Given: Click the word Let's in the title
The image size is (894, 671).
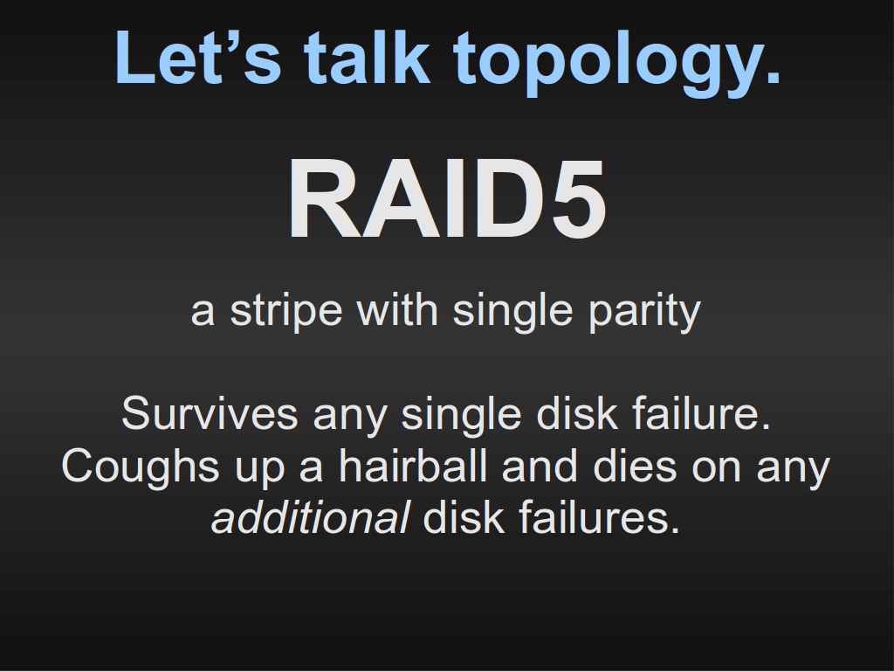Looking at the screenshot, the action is pyautogui.click(x=198, y=58).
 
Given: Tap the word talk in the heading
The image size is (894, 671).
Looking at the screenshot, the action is pyautogui.click(x=367, y=57).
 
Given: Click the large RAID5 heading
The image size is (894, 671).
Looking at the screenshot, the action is pyautogui.click(x=447, y=198).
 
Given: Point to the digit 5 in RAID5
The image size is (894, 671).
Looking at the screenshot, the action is pyautogui.click(x=577, y=198).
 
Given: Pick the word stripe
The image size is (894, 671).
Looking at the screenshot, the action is pyautogui.click(x=285, y=312).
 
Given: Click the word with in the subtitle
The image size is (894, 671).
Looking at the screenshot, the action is pyautogui.click(x=397, y=310).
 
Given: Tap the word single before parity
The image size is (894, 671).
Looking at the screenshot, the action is pyautogui.click(x=512, y=312).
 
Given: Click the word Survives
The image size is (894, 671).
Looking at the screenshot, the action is pyautogui.click(x=210, y=413).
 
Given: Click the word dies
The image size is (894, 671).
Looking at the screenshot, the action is pyautogui.click(x=635, y=467).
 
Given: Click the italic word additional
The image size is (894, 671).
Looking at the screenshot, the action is pyautogui.click(x=310, y=518).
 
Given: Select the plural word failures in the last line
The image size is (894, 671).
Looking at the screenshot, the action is pyautogui.click(x=599, y=518).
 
